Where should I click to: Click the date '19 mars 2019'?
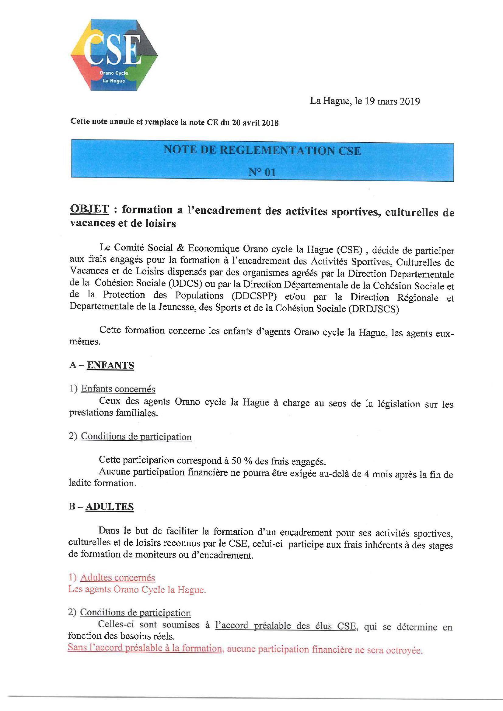(392, 101)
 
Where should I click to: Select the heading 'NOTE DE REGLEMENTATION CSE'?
(262, 150)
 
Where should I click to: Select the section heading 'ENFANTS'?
(110, 365)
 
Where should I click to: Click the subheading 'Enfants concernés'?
(118, 389)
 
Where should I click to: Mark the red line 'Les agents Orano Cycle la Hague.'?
(137, 589)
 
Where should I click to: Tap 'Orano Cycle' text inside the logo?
(114, 73)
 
